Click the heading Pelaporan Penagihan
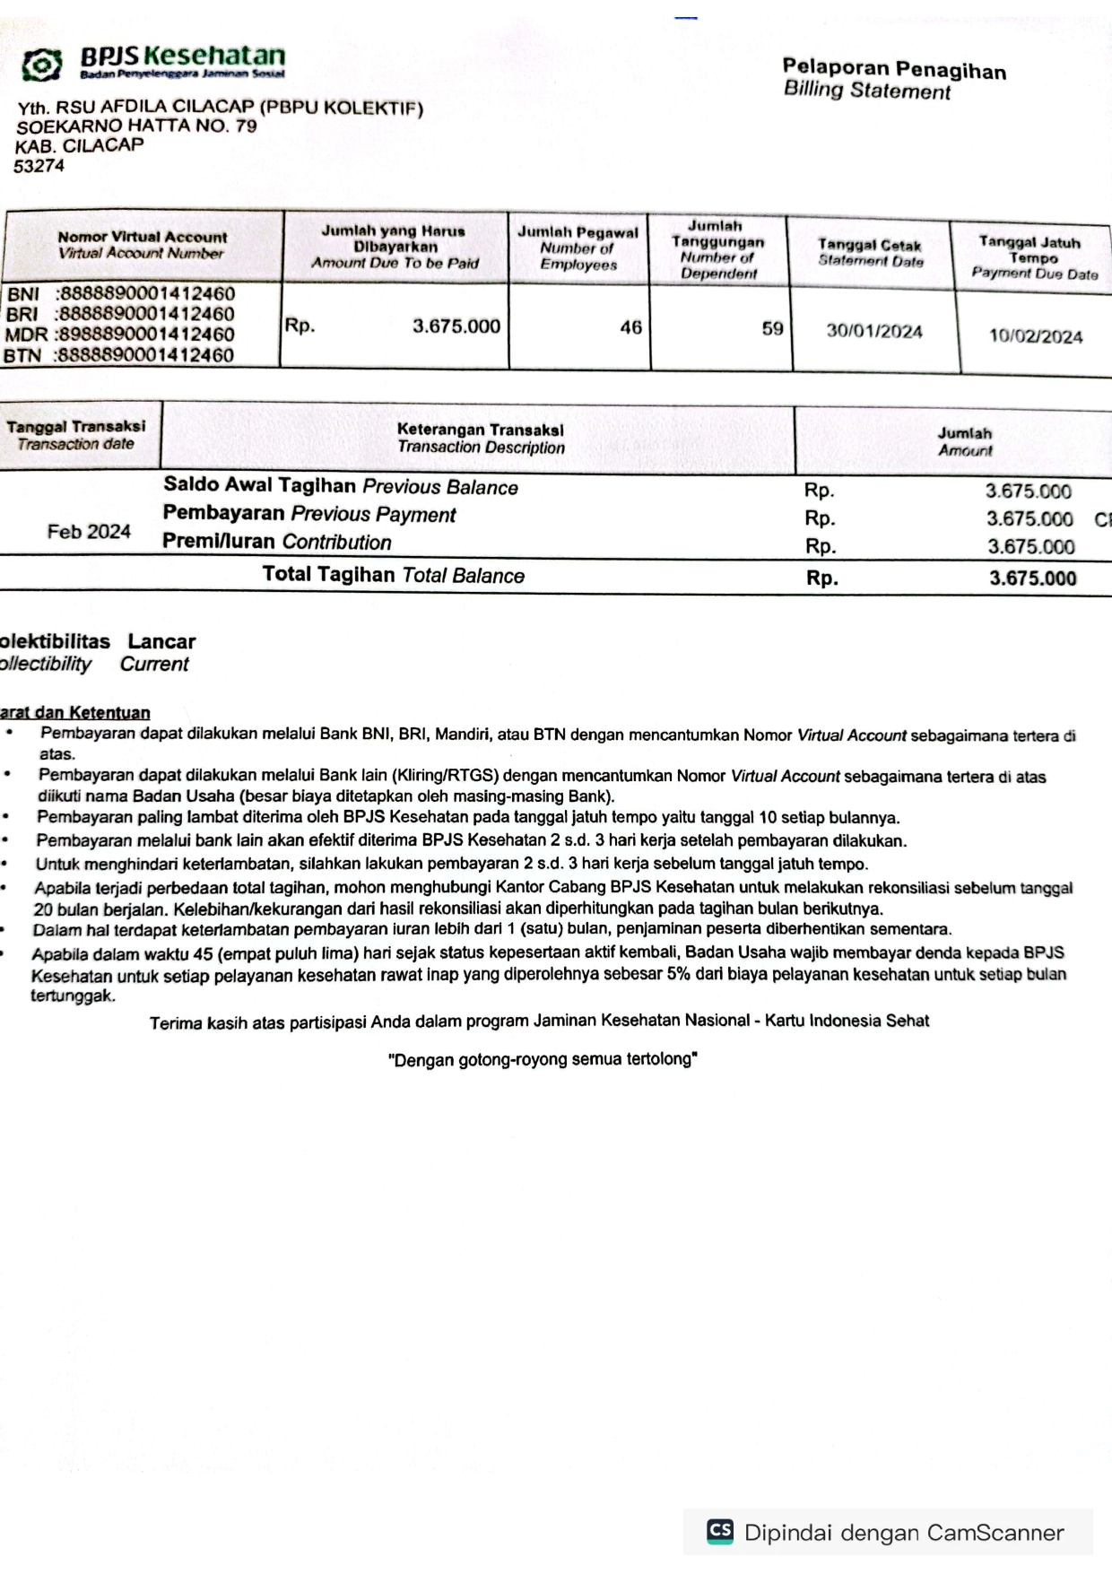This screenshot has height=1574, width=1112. click(893, 69)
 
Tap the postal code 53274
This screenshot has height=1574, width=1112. click(39, 166)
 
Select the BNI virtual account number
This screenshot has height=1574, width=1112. click(145, 294)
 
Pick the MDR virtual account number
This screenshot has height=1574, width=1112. click(144, 335)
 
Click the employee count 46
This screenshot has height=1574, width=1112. click(630, 327)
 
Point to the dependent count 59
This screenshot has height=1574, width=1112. click(772, 329)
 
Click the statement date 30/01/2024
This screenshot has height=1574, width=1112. click(873, 331)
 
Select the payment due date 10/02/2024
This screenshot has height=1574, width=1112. click(1035, 336)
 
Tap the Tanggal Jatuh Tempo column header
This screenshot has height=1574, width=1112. click(1032, 257)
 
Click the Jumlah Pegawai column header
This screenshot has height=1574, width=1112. click(578, 248)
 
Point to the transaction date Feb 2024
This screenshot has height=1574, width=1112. click(89, 532)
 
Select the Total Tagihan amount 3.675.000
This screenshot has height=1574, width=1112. click(1032, 578)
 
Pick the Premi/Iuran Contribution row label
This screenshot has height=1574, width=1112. click(276, 542)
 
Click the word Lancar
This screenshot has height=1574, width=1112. click(161, 641)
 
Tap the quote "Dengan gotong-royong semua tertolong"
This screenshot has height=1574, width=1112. click(543, 1059)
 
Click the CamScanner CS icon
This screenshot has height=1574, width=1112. click(720, 1531)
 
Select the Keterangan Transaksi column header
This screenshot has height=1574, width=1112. click(480, 439)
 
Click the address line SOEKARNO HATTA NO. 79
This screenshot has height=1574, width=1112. click(136, 126)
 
